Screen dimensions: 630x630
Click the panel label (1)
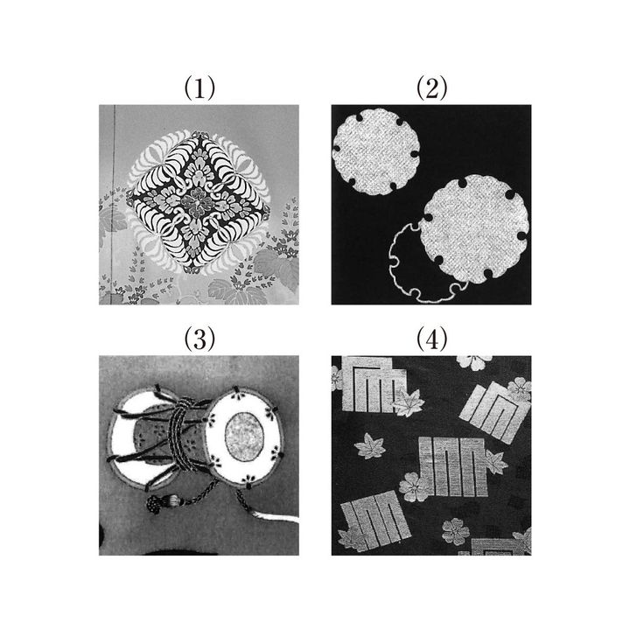click(199, 88)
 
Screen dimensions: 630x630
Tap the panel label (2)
click(431, 88)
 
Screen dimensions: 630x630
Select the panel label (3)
click(199, 339)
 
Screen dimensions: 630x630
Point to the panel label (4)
click(431, 339)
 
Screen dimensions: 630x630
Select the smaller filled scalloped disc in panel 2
click(376, 151)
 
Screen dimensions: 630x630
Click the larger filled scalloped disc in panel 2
click(475, 228)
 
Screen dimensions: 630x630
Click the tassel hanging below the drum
click(161, 503)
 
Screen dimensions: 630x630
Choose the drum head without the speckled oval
click(141, 438)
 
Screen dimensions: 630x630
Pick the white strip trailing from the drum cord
click(277, 517)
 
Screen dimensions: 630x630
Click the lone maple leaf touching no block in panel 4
click(370, 446)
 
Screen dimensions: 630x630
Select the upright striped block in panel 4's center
click(453, 466)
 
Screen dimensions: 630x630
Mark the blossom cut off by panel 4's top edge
click(475, 361)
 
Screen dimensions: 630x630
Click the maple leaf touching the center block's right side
click(497, 461)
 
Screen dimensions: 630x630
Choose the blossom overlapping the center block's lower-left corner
click(414, 487)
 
